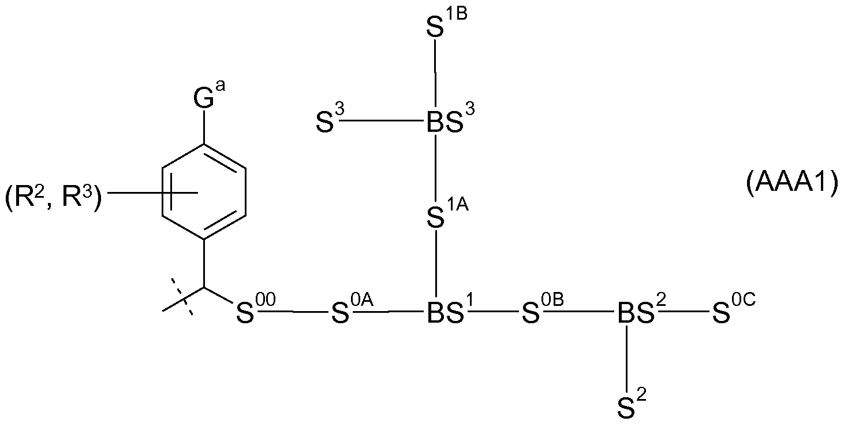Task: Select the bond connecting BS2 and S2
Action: coord(628,358)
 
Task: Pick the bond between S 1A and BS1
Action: coord(437,266)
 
